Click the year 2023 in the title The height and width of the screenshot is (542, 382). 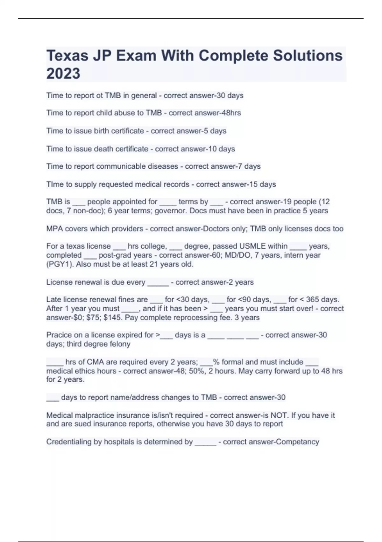pos(63,73)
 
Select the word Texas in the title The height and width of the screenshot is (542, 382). pos(67,55)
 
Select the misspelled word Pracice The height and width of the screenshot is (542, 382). pos(60,335)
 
